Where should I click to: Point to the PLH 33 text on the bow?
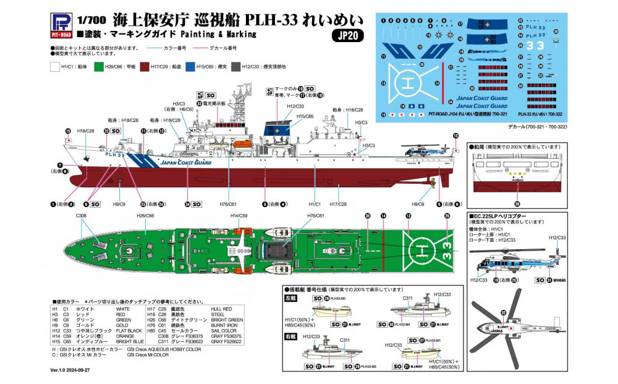(115, 156)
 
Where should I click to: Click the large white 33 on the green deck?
(447, 250)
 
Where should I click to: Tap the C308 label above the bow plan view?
(82, 215)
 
